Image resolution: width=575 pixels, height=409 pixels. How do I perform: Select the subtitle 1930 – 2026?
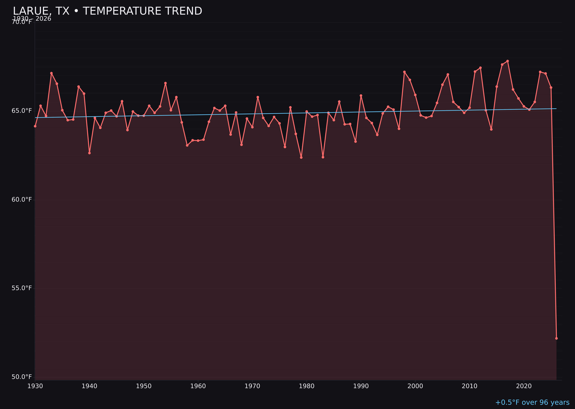[x=32, y=19]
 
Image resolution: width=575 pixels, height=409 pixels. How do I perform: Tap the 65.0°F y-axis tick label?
[x=22, y=111]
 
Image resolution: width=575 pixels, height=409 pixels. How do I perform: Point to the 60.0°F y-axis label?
[x=22, y=199]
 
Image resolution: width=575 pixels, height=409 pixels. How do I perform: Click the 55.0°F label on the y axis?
[x=22, y=288]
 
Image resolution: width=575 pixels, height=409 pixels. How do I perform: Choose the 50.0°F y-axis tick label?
[x=22, y=377]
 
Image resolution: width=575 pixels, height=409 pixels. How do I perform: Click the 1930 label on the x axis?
[x=35, y=386]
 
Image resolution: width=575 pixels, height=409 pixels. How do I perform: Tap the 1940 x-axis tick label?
[x=89, y=386]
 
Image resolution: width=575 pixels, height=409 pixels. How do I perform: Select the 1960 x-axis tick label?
[x=198, y=386]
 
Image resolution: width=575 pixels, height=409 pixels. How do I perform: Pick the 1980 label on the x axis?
[x=306, y=386]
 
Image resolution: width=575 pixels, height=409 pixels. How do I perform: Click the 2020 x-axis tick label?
[x=524, y=386]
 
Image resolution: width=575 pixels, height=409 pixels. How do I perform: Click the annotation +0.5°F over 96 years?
[x=532, y=402]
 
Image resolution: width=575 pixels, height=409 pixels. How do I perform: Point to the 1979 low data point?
[x=301, y=157]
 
